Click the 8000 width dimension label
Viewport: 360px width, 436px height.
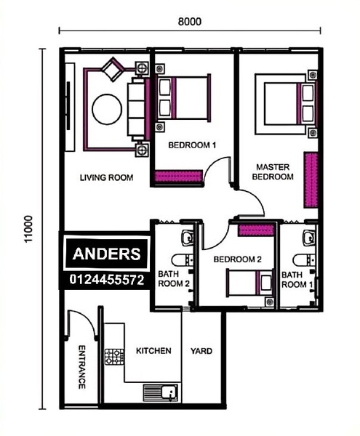(190, 21)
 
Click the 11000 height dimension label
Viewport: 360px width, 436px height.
(28, 229)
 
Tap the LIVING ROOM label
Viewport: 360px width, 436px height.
(107, 177)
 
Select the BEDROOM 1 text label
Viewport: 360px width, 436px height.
(192, 145)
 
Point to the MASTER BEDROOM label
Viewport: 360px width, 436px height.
(273, 171)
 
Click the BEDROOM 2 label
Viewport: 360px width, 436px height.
(238, 259)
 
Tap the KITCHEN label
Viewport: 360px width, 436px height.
(153, 351)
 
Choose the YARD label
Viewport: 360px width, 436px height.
(201, 351)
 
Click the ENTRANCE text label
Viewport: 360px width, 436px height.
(81, 367)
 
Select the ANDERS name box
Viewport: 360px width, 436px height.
(106, 254)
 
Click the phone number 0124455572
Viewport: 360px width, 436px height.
(107, 280)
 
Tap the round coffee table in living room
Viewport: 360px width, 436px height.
(107, 109)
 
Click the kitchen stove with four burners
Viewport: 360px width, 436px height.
(114, 357)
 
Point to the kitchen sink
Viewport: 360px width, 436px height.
(161, 392)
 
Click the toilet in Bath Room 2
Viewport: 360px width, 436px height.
(183, 260)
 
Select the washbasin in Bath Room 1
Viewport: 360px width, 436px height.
(309, 238)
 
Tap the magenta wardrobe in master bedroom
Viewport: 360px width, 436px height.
(311, 180)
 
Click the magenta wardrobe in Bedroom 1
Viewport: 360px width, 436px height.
(178, 176)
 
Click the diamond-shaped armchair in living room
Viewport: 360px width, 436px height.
(113, 69)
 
